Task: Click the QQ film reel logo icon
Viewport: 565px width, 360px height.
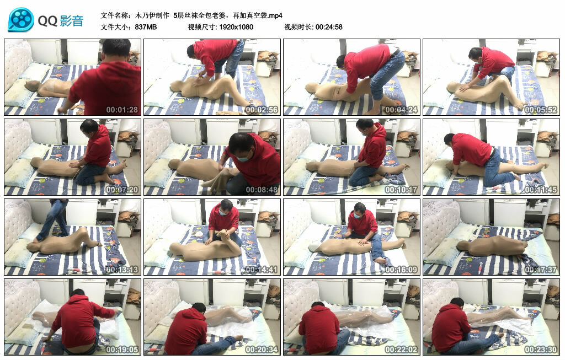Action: click(21, 20)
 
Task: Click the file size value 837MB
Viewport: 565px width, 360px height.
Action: click(146, 27)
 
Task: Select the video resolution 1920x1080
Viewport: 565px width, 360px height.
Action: click(236, 27)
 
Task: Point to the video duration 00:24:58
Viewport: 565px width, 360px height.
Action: click(329, 27)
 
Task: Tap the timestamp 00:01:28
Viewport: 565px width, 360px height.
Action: click(122, 110)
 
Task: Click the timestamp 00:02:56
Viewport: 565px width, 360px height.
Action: click(262, 110)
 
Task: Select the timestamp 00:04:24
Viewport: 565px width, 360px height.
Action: click(401, 110)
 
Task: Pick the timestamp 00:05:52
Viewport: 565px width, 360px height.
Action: click(541, 110)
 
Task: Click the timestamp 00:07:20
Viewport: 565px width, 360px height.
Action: click(122, 190)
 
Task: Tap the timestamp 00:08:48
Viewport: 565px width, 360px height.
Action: click(262, 190)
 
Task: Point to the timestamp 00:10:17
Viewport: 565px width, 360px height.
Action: click(401, 190)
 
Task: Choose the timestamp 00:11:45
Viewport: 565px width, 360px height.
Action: click(541, 190)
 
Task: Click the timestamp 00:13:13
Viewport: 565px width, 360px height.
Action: click(122, 270)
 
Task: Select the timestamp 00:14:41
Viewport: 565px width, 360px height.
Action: click(262, 270)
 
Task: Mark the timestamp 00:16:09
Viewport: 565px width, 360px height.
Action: click(401, 270)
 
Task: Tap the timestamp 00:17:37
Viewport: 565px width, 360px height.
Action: click(541, 270)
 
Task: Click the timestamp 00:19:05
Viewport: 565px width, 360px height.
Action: click(122, 350)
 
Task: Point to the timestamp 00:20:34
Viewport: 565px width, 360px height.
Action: click(262, 350)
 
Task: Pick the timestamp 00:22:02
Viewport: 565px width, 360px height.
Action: click(401, 350)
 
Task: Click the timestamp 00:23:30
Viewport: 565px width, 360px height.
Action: click(541, 350)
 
